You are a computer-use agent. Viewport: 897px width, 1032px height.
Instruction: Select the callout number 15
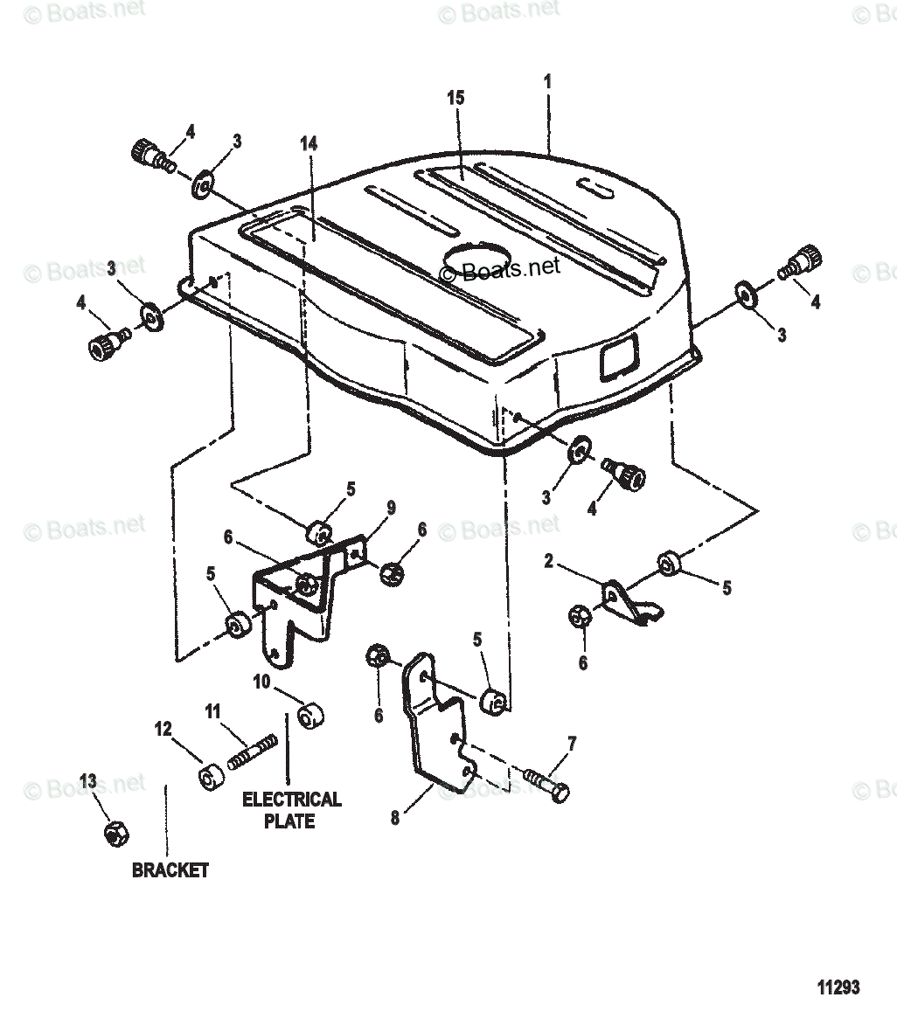[x=455, y=98]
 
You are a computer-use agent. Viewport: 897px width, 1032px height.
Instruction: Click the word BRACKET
[x=170, y=870]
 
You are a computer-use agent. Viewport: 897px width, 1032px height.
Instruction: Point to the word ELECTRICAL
[x=291, y=800]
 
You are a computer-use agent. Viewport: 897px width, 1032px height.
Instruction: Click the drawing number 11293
[x=838, y=987]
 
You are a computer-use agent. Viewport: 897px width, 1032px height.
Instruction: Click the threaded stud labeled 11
[x=254, y=751]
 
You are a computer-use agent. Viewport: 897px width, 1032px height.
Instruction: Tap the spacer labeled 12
[x=209, y=776]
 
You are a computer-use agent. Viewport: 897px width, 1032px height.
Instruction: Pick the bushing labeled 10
[x=309, y=716]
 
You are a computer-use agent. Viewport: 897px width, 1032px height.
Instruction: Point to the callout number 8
[x=394, y=819]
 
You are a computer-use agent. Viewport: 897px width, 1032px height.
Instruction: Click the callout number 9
[x=390, y=507]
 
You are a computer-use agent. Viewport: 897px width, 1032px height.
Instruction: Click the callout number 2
[x=548, y=561]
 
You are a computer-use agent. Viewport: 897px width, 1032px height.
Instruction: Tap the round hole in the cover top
[x=476, y=258]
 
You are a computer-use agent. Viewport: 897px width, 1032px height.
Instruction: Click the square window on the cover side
[x=616, y=359]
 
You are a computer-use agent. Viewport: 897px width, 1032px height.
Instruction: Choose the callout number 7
[x=572, y=745]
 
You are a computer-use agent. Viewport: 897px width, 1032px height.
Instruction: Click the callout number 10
[x=261, y=681]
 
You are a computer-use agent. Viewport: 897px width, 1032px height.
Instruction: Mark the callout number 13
[x=87, y=780]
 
